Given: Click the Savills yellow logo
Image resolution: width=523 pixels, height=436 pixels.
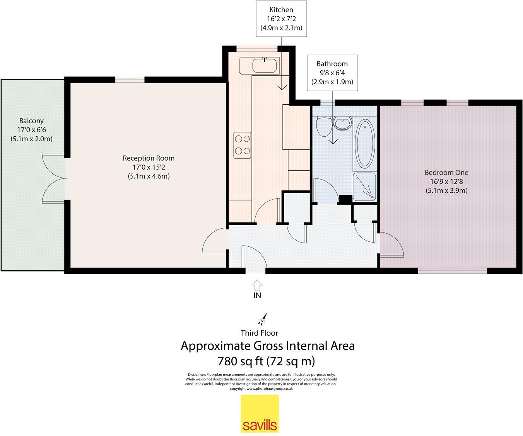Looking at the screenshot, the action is click(x=260, y=414).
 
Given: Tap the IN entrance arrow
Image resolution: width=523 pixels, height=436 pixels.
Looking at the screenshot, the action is click(x=257, y=285).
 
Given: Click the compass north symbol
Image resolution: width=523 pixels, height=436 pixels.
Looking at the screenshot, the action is click(x=263, y=319).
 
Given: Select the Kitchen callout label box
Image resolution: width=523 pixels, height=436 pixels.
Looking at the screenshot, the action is click(x=281, y=19).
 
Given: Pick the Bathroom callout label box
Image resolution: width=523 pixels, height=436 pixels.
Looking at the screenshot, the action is click(x=332, y=73).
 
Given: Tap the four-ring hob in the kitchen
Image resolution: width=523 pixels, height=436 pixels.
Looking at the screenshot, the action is click(x=242, y=145).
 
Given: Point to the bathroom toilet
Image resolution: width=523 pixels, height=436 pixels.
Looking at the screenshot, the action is click(x=324, y=126).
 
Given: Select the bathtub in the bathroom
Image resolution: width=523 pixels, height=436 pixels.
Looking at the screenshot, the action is click(x=365, y=144).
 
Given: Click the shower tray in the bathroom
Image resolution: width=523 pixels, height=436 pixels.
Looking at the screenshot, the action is click(x=364, y=187).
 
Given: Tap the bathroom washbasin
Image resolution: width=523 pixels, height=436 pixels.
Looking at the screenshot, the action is click(x=342, y=124).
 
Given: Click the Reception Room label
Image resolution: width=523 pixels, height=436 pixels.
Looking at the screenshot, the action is click(x=149, y=158).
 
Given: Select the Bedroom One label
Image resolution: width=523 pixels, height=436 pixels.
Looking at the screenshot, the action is click(x=446, y=172).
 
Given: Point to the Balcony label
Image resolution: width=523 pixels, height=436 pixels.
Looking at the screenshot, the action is click(x=32, y=121).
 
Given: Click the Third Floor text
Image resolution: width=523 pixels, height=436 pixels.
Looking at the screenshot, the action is click(x=260, y=333).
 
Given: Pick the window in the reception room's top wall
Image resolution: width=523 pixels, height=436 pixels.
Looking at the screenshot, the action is click(x=130, y=80).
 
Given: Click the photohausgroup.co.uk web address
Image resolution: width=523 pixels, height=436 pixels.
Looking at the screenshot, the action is click(x=270, y=389).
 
